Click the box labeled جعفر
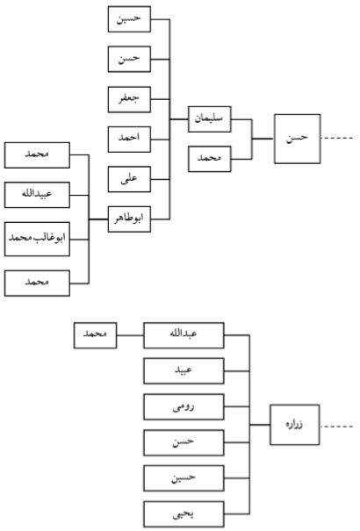tap(129, 99)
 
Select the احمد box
tap(129, 140)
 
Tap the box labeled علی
tap(129, 179)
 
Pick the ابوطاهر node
tap(129, 219)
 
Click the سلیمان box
tap(210, 119)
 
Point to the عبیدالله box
tap(37, 195)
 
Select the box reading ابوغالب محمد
tap(37, 239)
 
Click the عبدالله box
tap(184, 335)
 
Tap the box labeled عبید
tap(184, 370)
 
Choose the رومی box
tap(184, 406)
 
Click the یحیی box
tap(184, 514)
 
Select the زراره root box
tap(295, 425)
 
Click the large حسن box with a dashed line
tap(298, 139)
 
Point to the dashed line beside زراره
tap(336, 426)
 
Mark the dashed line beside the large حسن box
tap(336, 138)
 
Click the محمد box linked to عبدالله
tap(95, 335)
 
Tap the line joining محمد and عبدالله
tap(130, 335)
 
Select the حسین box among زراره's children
tap(184, 478)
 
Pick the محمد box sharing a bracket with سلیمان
tap(210, 159)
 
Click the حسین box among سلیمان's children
tap(129, 19)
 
